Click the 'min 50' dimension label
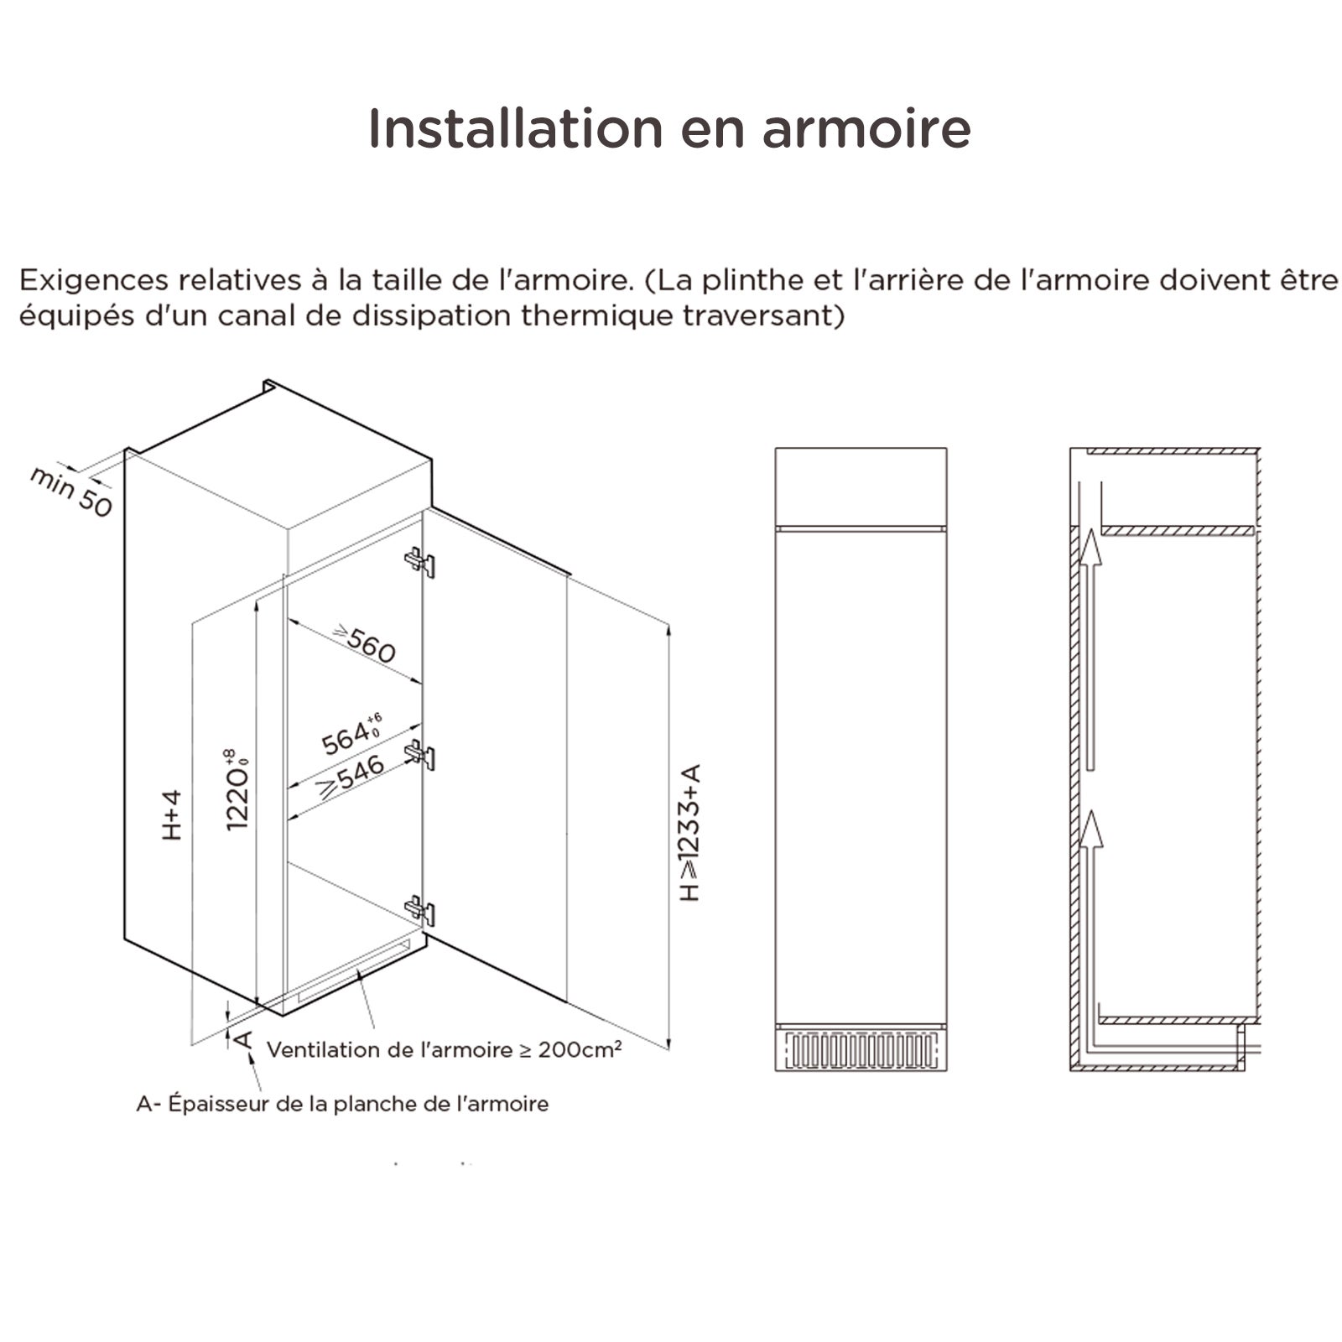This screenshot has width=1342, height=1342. tap(71, 492)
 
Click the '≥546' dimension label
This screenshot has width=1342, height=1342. tap(351, 775)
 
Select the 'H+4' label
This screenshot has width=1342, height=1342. tap(172, 814)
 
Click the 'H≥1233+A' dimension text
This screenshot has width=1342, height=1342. tap(689, 832)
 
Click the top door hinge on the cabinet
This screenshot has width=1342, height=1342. tap(420, 561)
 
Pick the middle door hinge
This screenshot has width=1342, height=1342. tap(420, 753)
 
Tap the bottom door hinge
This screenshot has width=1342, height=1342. tap(420, 910)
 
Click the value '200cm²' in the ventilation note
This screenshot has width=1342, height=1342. tap(580, 1049)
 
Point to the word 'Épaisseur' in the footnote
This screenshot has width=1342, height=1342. tap(219, 1104)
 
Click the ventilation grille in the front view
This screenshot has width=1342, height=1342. tap(861, 1050)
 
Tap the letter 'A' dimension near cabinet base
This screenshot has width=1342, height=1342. tap(242, 1040)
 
